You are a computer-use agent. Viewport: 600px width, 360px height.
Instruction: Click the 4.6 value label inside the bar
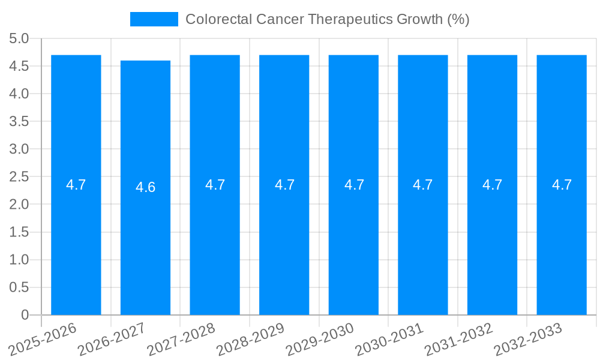pos(145,187)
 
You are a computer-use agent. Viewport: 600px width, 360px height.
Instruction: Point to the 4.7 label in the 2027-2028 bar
pos(215,185)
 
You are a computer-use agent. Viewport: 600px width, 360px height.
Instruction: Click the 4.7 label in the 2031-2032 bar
pos(492,185)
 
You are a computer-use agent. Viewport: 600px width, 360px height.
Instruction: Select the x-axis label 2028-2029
pos(250,339)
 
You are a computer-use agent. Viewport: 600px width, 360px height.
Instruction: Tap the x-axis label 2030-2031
pos(389,339)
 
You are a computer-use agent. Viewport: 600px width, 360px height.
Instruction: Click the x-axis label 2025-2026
pos(43,339)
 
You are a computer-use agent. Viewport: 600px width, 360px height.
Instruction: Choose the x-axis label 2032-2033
pos(528,339)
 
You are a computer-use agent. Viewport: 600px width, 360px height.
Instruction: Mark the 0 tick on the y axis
pos(25,315)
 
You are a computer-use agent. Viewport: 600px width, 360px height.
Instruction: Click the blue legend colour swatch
pos(154,19)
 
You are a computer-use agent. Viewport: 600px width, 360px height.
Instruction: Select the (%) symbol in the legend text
pos(458,19)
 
